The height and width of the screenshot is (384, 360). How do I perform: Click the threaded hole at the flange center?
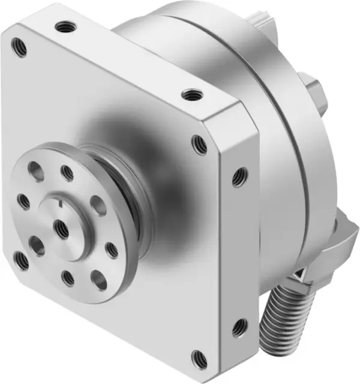coord(61,226)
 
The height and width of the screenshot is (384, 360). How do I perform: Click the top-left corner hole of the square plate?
coord(19,47)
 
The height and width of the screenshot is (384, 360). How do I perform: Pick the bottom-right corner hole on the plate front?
coord(199,358)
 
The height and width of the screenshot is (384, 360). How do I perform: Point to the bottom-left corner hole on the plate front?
coord(22,260)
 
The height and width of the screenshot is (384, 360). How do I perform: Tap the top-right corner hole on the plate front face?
coord(199,144)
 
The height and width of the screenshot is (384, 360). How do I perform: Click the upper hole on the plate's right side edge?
coord(239,175)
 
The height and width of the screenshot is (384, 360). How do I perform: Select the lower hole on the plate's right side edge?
coord(239,328)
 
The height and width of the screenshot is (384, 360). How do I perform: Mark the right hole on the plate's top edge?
coord(191,94)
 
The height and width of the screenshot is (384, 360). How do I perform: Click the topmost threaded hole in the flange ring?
coord(67,173)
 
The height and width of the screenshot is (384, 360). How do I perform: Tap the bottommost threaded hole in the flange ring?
coord(68,278)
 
